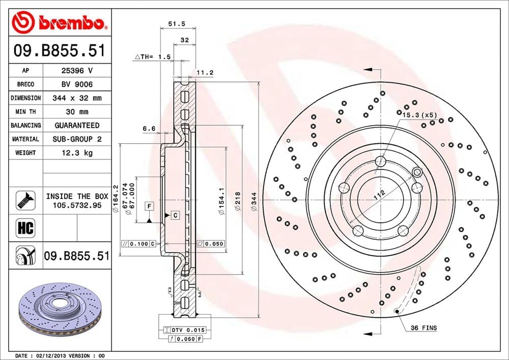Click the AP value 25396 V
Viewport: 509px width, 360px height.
tap(76, 71)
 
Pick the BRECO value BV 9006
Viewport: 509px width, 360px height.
tap(76, 84)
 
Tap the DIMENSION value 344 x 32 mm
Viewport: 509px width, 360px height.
tap(76, 98)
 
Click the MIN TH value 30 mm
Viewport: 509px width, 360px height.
tap(76, 112)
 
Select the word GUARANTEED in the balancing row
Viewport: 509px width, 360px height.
tap(77, 125)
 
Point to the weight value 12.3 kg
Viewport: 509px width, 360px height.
tap(76, 152)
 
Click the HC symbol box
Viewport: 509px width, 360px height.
tap(25, 228)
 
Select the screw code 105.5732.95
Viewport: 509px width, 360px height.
tap(77, 205)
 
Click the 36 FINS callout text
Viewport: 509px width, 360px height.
tap(424, 328)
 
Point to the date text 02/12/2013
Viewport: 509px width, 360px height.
tap(53, 355)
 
